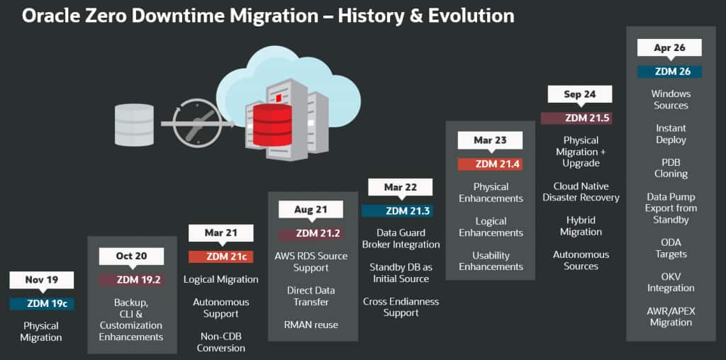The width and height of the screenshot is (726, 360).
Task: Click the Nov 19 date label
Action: click(x=42, y=280)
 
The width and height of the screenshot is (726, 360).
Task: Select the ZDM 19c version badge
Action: click(x=42, y=304)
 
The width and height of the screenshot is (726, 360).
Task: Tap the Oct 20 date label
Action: click(x=131, y=256)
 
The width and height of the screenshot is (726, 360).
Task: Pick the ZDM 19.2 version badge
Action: click(x=131, y=280)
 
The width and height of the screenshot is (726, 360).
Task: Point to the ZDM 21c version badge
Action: click(x=221, y=257)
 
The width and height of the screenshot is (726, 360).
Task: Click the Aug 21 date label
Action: click(x=311, y=210)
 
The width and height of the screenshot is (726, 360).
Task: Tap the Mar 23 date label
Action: click(x=491, y=140)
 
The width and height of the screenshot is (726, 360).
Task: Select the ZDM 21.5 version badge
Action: click(x=576, y=118)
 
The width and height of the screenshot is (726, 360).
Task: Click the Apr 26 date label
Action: click(x=669, y=47)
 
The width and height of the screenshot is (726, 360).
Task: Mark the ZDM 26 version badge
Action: click(x=669, y=72)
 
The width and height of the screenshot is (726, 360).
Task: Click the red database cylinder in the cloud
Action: click(x=273, y=125)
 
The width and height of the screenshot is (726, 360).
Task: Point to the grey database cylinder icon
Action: click(x=134, y=125)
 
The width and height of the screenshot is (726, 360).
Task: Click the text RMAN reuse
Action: click(x=311, y=325)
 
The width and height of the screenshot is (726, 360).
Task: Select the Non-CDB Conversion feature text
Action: click(x=221, y=342)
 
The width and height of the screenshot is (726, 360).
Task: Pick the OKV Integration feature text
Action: click(x=671, y=282)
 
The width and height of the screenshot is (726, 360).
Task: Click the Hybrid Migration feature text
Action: click(x=581, y=226)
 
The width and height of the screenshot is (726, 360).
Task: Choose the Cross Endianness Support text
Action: click(x=401, y=308)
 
